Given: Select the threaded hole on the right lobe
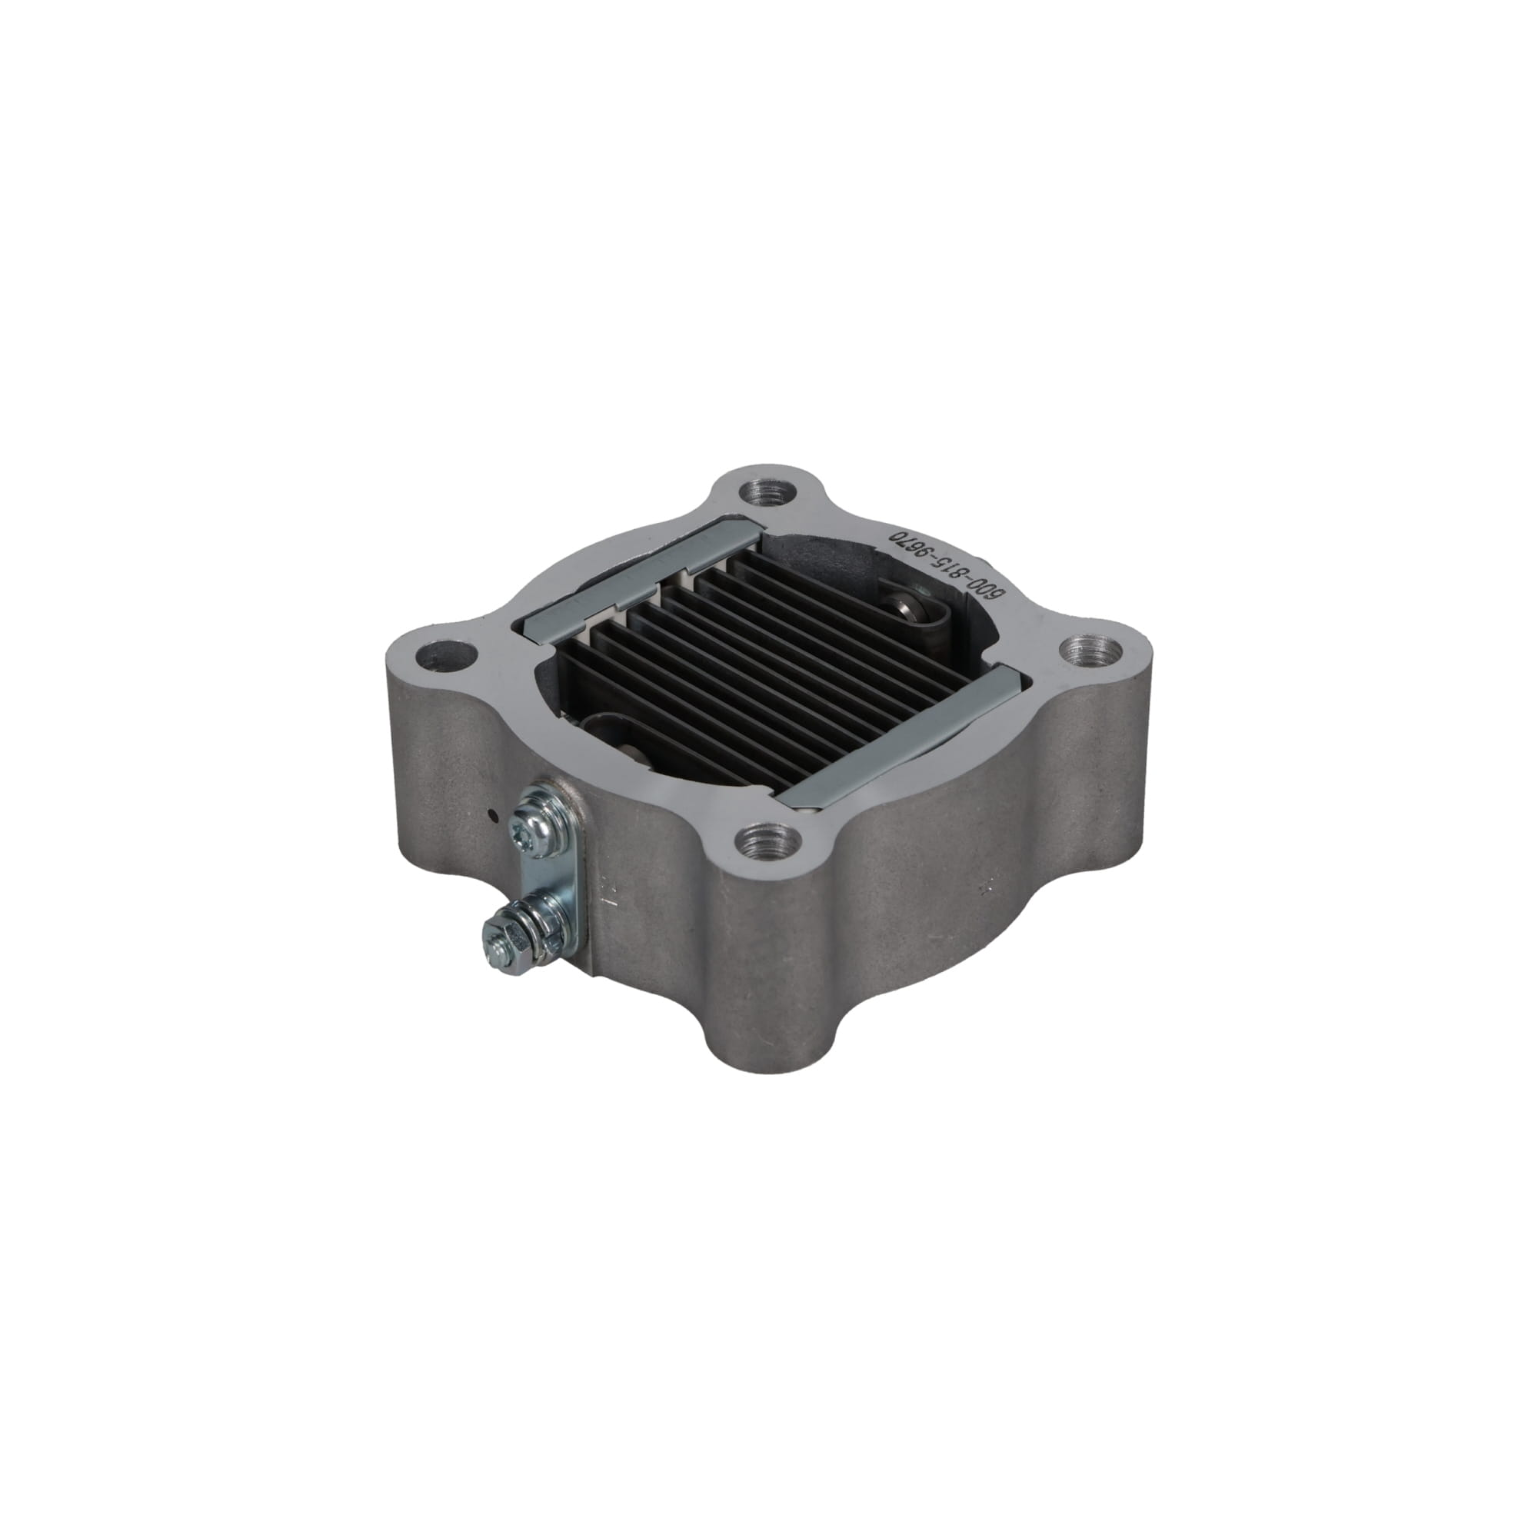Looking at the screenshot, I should coord(1091,654).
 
